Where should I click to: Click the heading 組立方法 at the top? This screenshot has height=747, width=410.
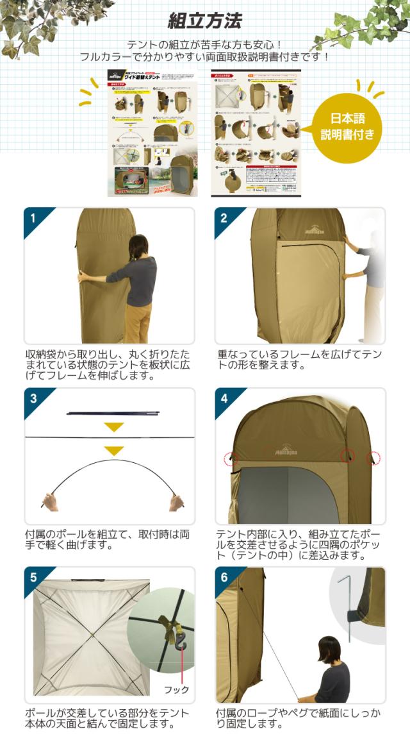[x=204, y=21]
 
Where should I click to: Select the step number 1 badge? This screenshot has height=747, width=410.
[x=33, y=217]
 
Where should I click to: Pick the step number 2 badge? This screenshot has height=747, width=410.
[x=223, y=217]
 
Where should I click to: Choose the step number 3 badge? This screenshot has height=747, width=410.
[x=33, y=398]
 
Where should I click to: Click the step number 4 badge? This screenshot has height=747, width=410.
[x=223, y=398]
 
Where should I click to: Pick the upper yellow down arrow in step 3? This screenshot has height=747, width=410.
[x=114, y=426]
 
